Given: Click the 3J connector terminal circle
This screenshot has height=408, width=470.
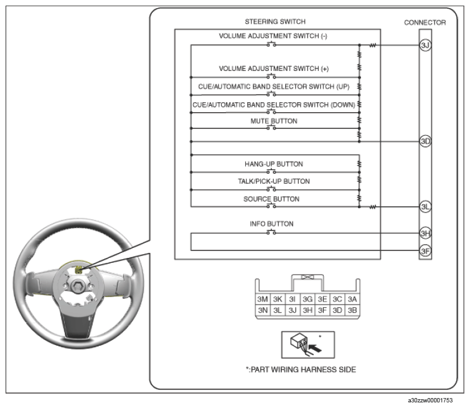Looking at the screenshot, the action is [x=425, y=45].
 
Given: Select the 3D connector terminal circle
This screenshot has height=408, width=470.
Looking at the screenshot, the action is [x=425, y=141].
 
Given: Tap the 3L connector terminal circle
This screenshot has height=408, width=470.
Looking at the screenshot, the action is [x=425, y=207].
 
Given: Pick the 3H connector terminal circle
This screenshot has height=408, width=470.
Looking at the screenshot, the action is [x=425, y=233].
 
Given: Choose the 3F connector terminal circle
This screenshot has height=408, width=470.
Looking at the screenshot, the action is [x=425, y=250].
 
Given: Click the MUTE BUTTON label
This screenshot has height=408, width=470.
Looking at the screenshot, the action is [x=274, y=121].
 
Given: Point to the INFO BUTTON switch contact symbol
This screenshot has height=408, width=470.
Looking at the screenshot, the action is [x=271, y=232].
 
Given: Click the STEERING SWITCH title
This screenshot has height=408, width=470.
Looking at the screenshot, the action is [x=275, y=22].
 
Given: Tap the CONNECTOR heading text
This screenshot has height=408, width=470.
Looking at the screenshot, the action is [x=425, y=22].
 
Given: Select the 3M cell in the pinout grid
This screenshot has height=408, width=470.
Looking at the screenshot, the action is [x=263, y=299].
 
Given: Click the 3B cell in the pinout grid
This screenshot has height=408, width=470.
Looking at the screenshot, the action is [x=352, y=310].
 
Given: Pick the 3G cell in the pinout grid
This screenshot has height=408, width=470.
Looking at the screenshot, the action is [x=308, y=299].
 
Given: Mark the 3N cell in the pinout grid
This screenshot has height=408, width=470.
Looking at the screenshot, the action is [x=263, y=310].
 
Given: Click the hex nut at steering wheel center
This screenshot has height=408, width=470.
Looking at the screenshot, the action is [x=78, y=285].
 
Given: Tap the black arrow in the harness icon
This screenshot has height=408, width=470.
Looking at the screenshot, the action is [x=315, y=348].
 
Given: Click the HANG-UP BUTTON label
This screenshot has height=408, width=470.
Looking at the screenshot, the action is [x=274, y=164].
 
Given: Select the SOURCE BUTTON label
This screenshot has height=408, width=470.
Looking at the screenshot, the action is [x=271, y=199].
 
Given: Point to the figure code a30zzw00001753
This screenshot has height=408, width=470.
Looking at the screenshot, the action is [x=430, y=400].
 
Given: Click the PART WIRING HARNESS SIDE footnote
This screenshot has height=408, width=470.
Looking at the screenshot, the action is [x=301, y=369].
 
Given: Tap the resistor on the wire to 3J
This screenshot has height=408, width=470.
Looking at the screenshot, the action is [x=372, y=45].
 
